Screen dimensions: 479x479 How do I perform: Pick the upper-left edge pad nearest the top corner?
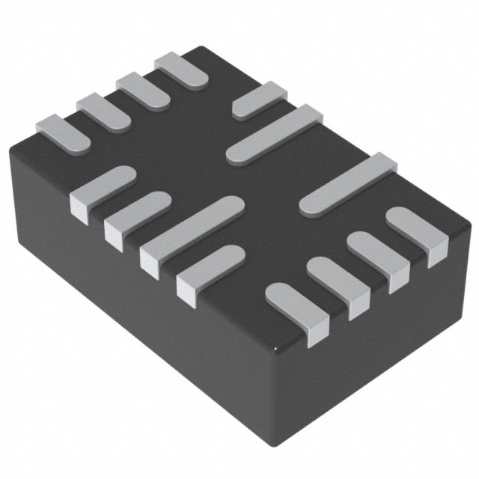[180, 70]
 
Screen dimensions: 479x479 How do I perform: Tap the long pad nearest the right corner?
[347, 184]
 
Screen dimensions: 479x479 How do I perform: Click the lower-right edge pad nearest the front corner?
[296, 303]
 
